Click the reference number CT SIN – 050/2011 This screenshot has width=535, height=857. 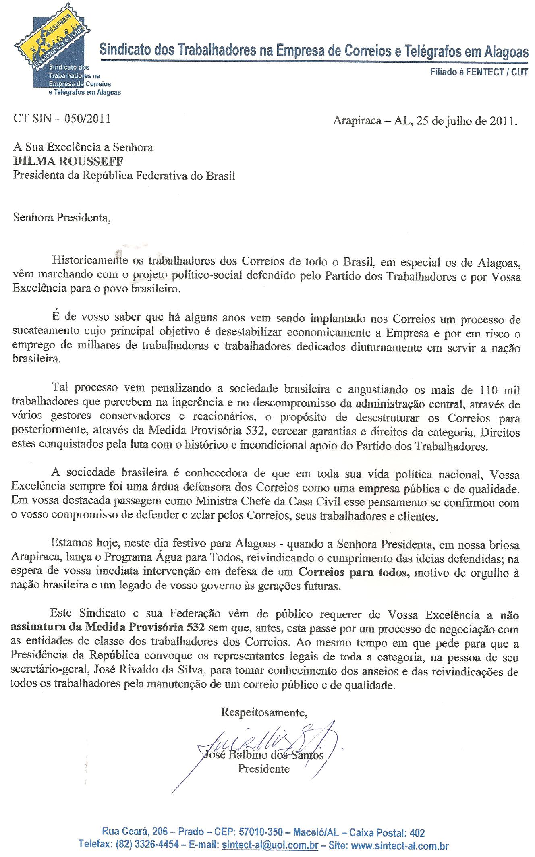click(62, 119)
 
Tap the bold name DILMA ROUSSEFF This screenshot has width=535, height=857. click(68, 161)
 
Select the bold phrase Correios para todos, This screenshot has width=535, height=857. click(354, 572)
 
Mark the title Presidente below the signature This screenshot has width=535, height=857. click(264, 769)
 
